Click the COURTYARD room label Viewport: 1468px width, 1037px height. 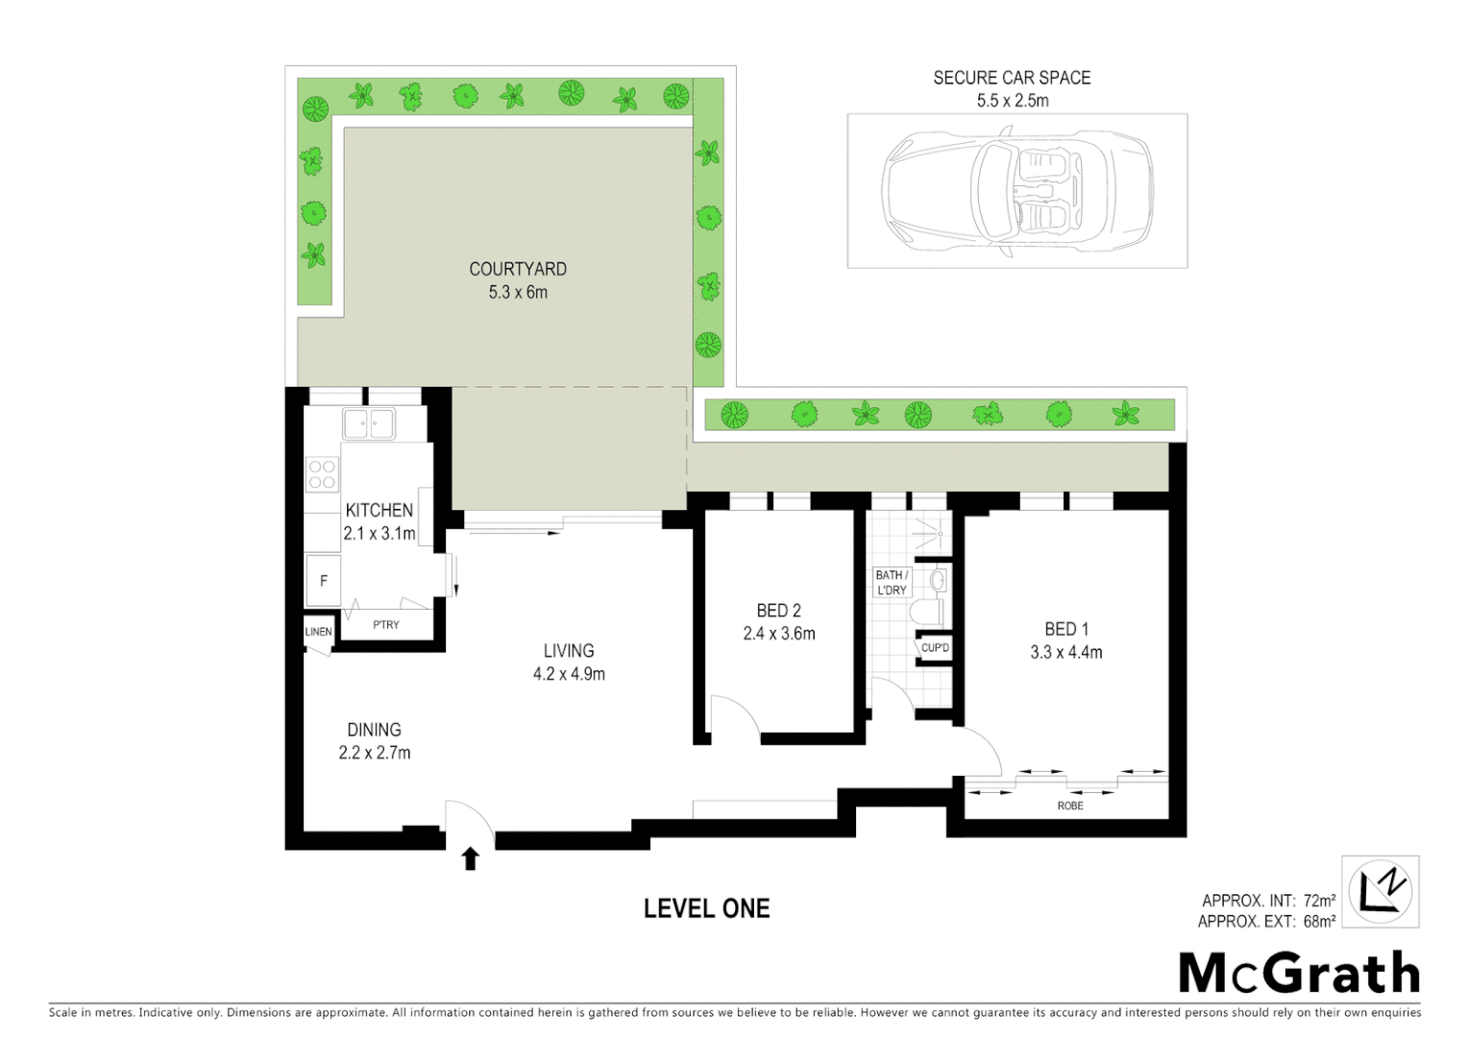(517, 269)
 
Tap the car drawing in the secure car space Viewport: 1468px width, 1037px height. (1016, 190)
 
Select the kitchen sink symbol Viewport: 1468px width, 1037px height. (369, 423)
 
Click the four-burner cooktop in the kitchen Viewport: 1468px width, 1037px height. (322, 474)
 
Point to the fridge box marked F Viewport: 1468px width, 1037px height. (324, 580)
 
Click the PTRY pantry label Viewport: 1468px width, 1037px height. (386, 624)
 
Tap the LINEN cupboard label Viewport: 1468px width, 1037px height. (318, 632)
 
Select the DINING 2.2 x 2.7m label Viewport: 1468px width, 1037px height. (374, 741)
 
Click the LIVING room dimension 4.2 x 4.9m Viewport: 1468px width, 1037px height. (569, 674)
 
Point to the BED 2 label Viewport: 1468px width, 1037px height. (778, 611)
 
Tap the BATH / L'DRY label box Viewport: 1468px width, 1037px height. (891, 582)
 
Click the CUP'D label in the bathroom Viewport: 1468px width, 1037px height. (935, 648)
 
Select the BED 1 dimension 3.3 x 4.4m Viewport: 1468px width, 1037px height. (1065, 652)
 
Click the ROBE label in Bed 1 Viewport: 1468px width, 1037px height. (1069, 806)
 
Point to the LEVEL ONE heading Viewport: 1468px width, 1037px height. (706, 908)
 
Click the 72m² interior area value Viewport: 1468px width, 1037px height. (1319, 901)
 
